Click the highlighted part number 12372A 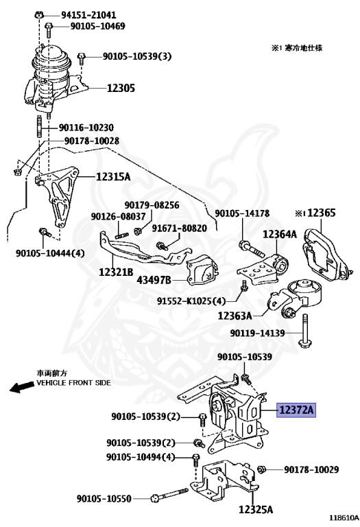(296, 410)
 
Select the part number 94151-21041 (88, 15)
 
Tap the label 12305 (121, 89)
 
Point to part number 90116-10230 (86, 128)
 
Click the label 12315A (113, 176)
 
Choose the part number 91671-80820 (180, 229)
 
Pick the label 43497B (154, 280)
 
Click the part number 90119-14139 (257, 333)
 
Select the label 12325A (256, 510)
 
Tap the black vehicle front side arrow (22, 386)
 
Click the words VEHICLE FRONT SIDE (73, 382)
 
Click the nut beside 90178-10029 (262, 469)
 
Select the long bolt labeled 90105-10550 (169, 495)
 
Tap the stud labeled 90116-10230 (39, 126)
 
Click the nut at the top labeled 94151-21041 (39, 14)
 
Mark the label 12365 (322, 213)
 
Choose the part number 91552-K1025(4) (191, 301)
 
